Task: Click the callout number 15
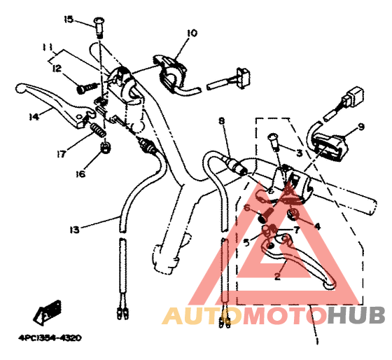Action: pos(69,20)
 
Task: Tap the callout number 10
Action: pos(192,33)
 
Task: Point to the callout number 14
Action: pos(34,117)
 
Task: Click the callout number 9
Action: pos(361,127)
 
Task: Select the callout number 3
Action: pos(299,153)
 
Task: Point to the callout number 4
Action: pos(316,227)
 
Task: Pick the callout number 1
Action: pos(316,341)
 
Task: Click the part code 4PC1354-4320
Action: pos(50,338)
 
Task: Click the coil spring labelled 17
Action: pos(97,130)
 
